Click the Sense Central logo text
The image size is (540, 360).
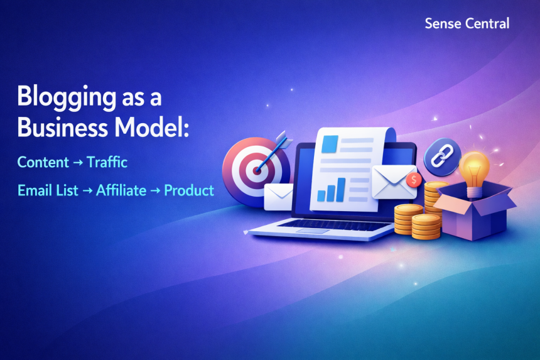[467, 23]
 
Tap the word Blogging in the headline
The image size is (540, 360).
[67, 97]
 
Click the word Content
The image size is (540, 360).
[43, 162]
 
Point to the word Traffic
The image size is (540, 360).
[107, 162]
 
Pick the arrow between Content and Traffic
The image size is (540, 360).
[78, 163]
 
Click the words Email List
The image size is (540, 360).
[48, 190]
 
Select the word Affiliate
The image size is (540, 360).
[121, 190]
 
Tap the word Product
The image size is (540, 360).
[189, 190]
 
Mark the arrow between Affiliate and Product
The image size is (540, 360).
[155, 191]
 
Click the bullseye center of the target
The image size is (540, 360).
[257, 170]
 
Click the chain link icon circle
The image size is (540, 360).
[442, 157]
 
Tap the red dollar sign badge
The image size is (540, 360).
[414, 180]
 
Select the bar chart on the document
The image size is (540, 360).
[332, 190]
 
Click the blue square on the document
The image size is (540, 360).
[330, 145]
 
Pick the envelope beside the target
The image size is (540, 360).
[279, 197]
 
